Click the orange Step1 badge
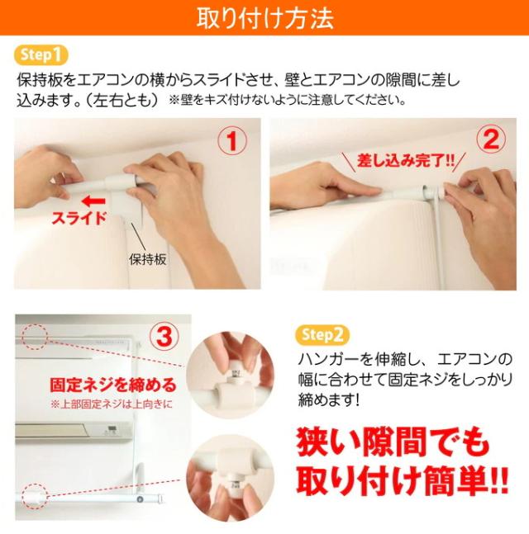click(x=41, y=54)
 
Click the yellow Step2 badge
click(x=322, y=335)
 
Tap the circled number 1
click(x=232, y=140)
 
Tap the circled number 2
click(x=491, y=139)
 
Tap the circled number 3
click(x=164, y=336)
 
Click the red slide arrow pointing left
click(x=93, y=201)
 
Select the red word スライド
click(x=79, y=218)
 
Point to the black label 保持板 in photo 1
click(x=148, y=259)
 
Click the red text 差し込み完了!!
click(x=405, y=160)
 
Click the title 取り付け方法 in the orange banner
click(x=264, y=17)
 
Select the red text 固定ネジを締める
click(x=113, y=385)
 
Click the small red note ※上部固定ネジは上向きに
click(x=112, y=404)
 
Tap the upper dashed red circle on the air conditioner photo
click(x=35, y=337)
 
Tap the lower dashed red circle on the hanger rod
click(x=35, y=496)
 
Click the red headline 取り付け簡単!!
click(x=403, y=480)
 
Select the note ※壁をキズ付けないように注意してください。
click(x=287, y=100)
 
